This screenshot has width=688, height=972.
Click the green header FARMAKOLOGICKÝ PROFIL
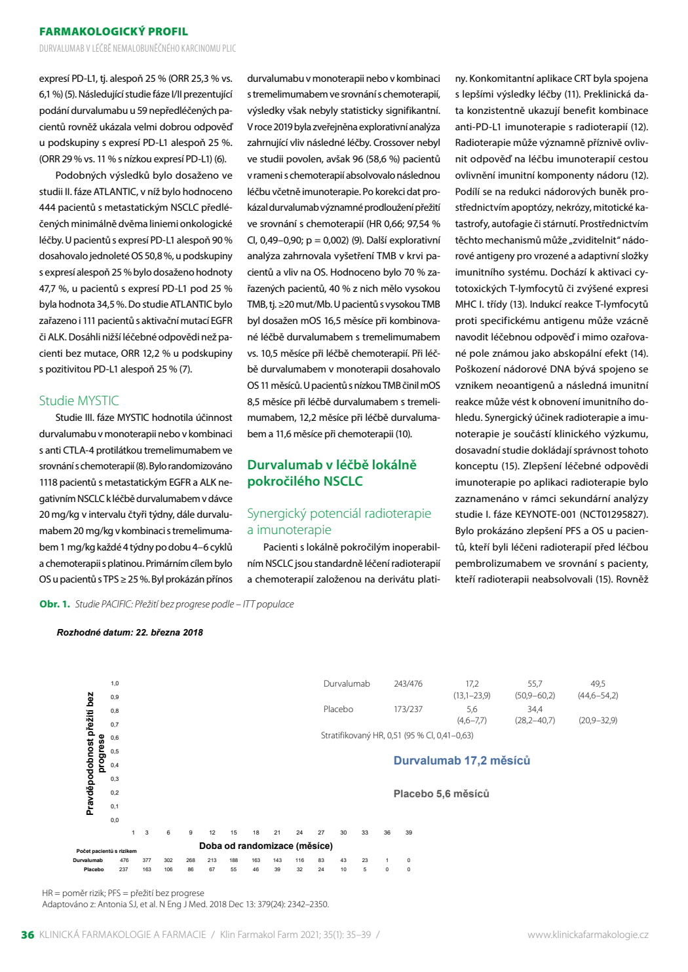point(113,31)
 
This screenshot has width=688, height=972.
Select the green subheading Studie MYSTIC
point(79,401)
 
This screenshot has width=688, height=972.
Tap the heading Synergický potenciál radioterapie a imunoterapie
point(339,522)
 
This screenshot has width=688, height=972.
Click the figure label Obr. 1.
point(54,604)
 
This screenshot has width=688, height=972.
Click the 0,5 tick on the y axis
point(114,751)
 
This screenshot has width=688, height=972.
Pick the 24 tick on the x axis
point(299,833)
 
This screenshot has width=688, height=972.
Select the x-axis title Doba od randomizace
point(266,846)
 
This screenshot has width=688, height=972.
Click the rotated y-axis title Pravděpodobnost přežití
point(90,754)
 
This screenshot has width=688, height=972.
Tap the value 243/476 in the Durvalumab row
point(408,684)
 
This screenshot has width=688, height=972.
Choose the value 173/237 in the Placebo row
point(408,710)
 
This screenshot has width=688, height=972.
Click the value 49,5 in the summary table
point(598,684)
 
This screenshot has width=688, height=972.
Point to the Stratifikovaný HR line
point(397,735)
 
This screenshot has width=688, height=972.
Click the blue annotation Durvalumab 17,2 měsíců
point(462,761)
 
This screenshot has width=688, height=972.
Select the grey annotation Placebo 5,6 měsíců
point(441,794)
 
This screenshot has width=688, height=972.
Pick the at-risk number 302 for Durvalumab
point(168,860)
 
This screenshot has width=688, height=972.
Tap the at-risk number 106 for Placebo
point(168,869)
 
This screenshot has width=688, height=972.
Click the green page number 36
point(28,935)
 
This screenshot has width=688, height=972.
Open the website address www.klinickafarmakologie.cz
point(588,935)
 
